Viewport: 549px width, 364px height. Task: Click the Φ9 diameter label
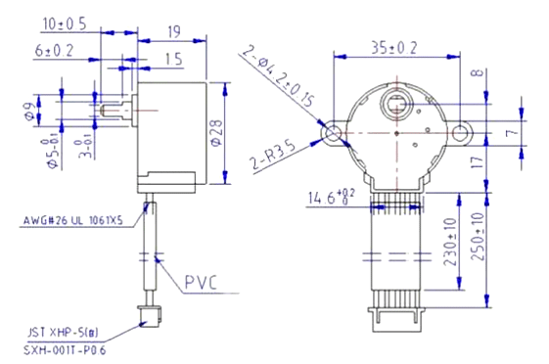click(28, 114)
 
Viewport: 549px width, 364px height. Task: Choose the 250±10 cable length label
click(480, 238)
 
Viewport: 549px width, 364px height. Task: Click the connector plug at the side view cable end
click(151, 315)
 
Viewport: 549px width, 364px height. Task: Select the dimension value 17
click(502, 162)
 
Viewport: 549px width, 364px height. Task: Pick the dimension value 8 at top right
click(502, 72)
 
